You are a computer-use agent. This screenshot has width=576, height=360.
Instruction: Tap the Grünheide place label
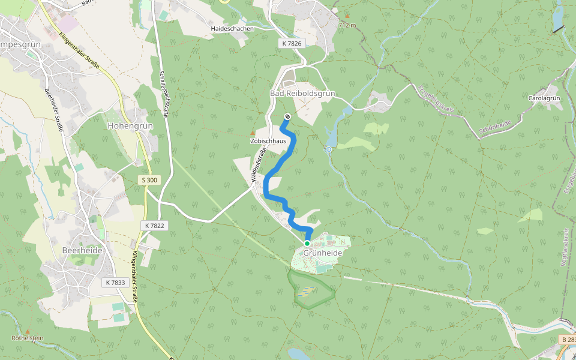click(x=323, y=253)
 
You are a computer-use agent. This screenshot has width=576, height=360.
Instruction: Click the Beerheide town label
click(x=82, y=250)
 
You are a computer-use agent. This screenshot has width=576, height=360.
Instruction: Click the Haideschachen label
click(x=232, y=28)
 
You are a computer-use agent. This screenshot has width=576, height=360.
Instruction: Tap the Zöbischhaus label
click(x=268, y=140)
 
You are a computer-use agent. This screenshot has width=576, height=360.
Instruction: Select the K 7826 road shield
click(x=292, y=43)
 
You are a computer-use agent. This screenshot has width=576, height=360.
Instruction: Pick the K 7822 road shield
click(x=155, y=225)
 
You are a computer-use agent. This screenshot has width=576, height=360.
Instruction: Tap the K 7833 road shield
click(x=115, y=282)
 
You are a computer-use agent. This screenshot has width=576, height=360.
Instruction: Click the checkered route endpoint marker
click(x=287, y=116)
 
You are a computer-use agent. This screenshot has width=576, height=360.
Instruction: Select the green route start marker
click(x=307, y=244)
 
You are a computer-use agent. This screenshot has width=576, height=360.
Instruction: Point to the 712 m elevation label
click(x=347, y=26)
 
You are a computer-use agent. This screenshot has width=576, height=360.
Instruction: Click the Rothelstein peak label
click(x=28, y=338)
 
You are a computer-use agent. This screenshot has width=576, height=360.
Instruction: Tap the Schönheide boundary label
click(x=495, y=126)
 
